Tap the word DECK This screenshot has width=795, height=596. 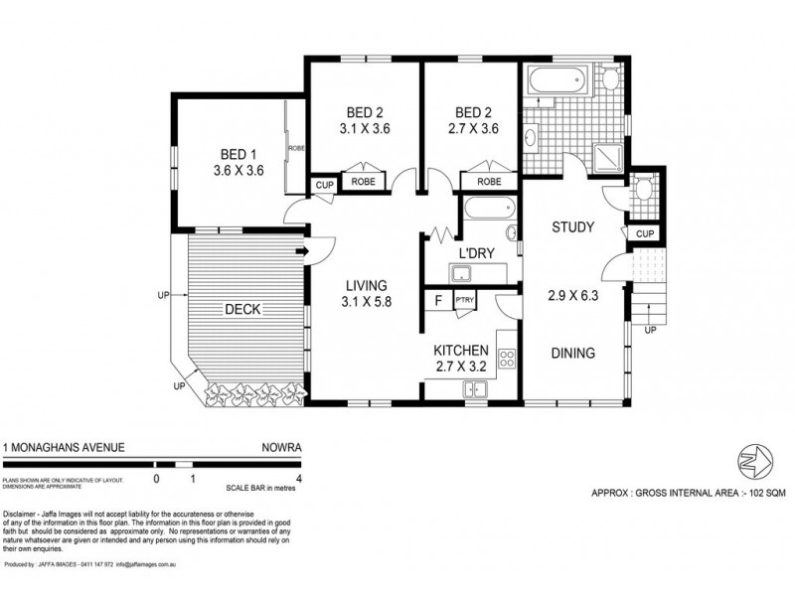point(242,309)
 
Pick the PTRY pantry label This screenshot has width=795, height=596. point(464,299)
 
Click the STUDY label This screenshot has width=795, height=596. point(573,227)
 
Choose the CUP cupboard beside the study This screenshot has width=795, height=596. point(643,232)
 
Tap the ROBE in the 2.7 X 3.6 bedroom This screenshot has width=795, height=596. point(488,182)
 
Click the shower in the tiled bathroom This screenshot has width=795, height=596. point(603,154)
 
